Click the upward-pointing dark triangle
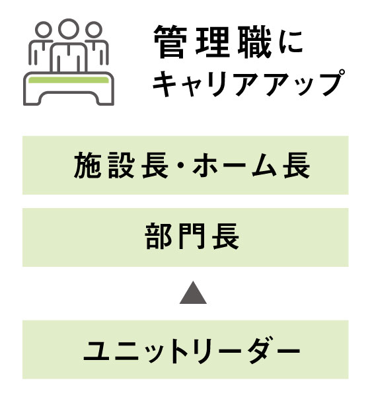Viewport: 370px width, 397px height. point(193,293)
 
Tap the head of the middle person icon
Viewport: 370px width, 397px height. point(69,28)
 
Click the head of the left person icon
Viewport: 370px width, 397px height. point(43,29)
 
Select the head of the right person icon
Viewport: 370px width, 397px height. point(94,29)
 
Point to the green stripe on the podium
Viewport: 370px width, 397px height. point(69,80)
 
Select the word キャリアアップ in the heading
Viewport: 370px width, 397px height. point(249,83)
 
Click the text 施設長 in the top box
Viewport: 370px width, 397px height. point(121,165)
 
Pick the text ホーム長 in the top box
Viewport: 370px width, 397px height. point(251,165)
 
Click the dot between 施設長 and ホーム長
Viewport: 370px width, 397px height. point(180,166)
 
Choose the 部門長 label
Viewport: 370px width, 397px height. point(192,237)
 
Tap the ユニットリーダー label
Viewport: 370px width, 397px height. point(192,350)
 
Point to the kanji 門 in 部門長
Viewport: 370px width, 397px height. point(192,237)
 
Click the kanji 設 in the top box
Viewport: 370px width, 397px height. point(121,165)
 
